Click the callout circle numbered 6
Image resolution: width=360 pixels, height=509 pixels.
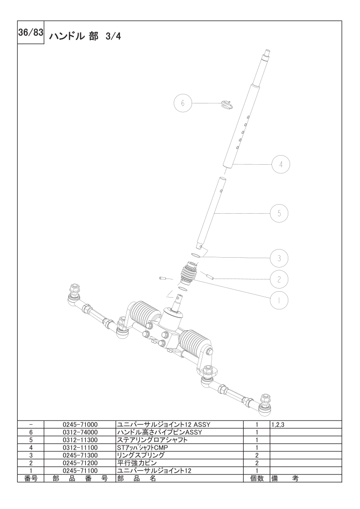pyautogui.click(x=182, y=103)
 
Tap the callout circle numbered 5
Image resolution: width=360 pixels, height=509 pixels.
pyautogui.click(x=279, y=213)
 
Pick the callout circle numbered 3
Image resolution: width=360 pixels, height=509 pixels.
pyautogui.click(x=279, y=258)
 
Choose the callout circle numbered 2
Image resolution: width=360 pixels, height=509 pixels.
pyautogui.click(x=279, y=279)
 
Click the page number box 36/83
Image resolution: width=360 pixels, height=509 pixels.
pyautogui.click(x=30, y=33)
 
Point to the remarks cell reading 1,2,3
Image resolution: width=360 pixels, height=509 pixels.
pyautogui.click(x=278, y=425)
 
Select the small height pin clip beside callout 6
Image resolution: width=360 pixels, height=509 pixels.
pyautogui.click(x=226, y=104)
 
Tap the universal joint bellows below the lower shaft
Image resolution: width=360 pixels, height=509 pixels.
pyautogui.click(x=188, y=274)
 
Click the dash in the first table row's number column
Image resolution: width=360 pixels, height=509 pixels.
pyautogui.click(x=31, y=425)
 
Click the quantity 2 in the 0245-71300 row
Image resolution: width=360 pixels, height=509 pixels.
pyautogui.click(x=256, y=455)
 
